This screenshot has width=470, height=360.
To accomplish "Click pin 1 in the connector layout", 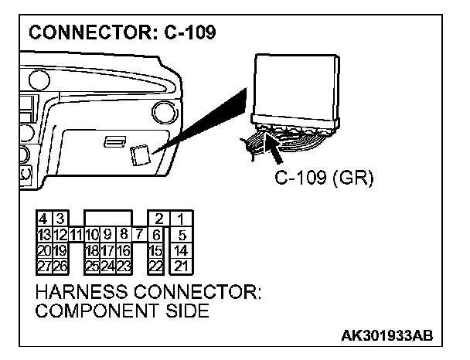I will point(180,219).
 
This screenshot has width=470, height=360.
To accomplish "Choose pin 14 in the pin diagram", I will point(180,250).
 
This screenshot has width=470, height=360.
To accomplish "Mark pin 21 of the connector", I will point(180,266).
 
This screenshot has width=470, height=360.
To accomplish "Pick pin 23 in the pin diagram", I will point(124,266).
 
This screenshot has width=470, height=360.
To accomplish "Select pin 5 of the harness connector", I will point(180,234).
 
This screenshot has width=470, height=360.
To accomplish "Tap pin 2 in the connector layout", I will point(158,219).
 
